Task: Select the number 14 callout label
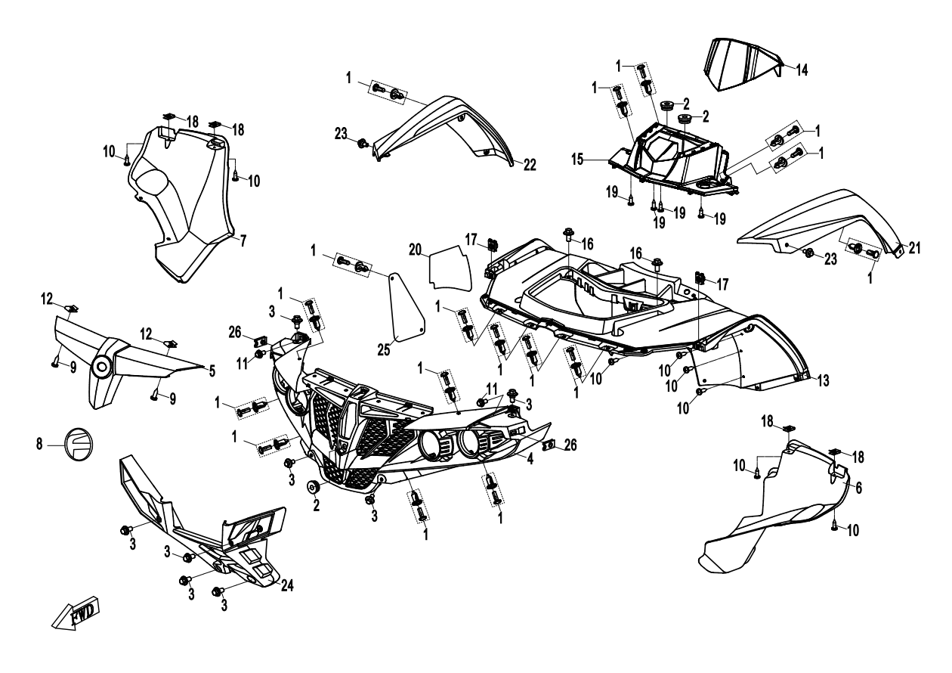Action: [802, 70]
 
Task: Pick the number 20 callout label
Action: [415, 250]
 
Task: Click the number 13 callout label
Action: [821, 380]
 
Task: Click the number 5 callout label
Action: [212, 371]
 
